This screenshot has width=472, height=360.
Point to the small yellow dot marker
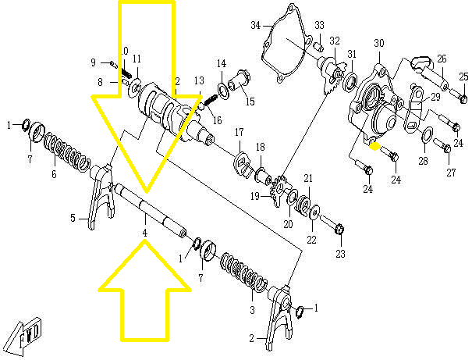coord(374,144)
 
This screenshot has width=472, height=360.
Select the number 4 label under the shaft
coord(144,233)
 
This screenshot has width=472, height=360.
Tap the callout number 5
coord(72,218)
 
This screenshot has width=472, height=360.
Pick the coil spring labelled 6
coord(66,152)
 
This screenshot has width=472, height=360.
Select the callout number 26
coord(441,59)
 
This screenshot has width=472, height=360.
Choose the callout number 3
coord(252,310)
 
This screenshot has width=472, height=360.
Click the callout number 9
coord(93,62)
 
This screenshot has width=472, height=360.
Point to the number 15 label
coord(250,101)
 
